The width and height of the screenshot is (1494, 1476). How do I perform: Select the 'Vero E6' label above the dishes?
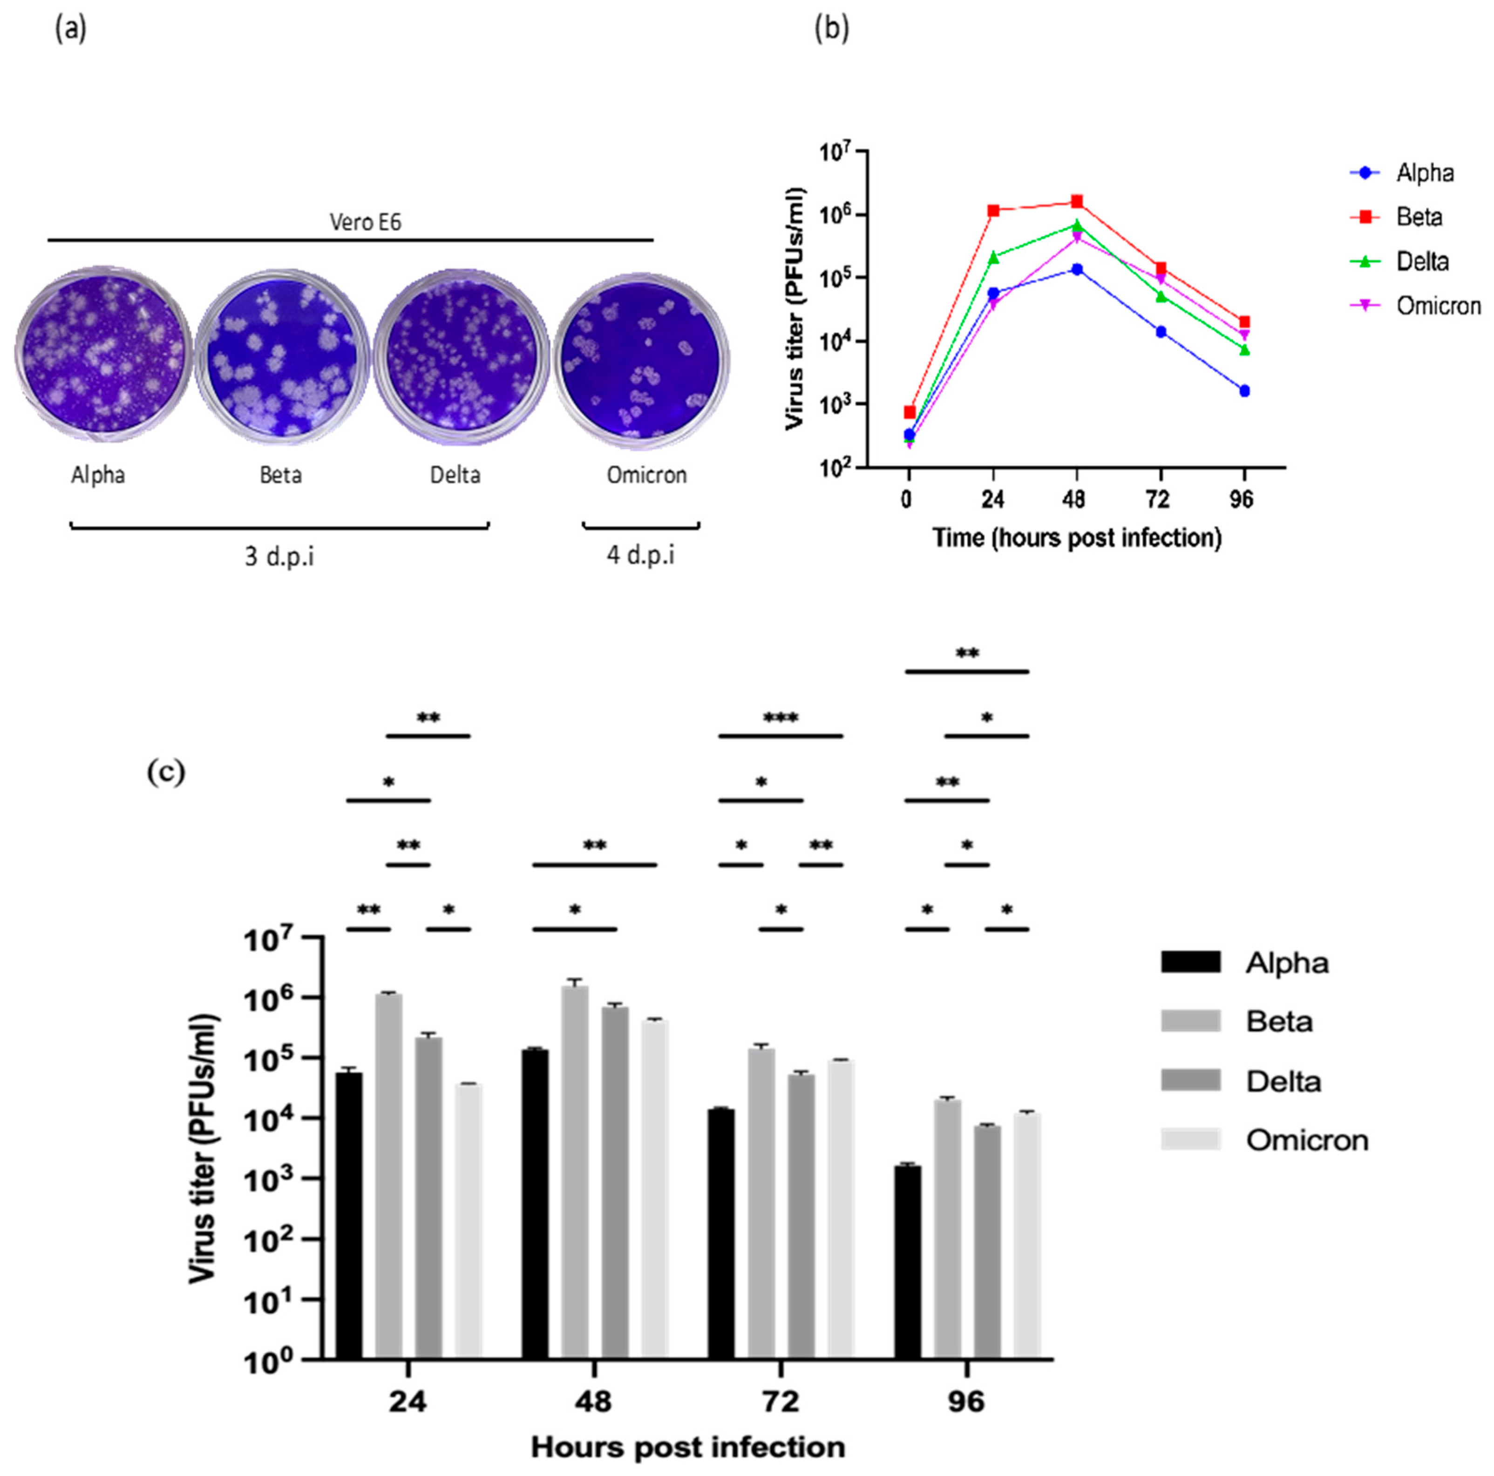(365, 223)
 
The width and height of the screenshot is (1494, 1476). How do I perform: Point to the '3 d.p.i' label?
(279, 557)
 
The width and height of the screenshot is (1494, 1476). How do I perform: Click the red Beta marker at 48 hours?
(1076, 202)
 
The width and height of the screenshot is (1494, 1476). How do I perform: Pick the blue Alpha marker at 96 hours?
(1244, 390)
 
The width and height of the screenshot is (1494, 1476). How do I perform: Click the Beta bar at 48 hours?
(575, 1171)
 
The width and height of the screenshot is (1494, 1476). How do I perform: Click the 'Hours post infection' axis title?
(687, 1447)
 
